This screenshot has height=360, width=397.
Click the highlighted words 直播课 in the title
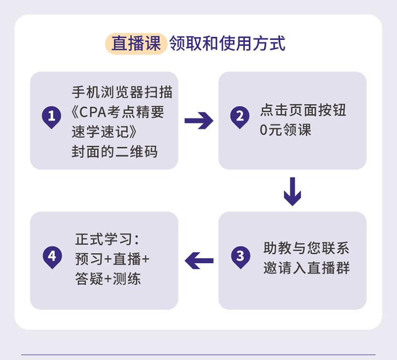click(136, 44)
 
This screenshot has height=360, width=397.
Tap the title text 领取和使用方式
click(227, 44)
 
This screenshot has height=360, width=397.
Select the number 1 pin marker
click(51, 117)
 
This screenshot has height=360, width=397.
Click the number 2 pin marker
click(240, 117)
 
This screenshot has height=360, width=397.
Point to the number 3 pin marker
click(241, 257)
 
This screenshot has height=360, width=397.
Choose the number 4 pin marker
click(52, 257)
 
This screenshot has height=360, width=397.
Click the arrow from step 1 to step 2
click(199, 121)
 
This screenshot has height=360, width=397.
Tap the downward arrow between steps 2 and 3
click(292, 191)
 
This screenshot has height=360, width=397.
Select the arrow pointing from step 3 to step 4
click(200, 261)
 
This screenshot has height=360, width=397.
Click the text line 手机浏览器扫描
click(122, 92)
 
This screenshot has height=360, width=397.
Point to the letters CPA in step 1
click(92, 112)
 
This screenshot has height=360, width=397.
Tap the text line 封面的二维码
click(115, 152)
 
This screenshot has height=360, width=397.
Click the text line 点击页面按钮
click(303, 110)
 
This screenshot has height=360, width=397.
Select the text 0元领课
click(285, 130)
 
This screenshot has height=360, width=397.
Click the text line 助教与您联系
click(307, 248)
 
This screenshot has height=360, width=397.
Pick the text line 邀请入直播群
click(307, 268)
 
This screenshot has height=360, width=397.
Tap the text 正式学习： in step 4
click(107, 239)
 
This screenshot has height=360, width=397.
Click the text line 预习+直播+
click(113, 259)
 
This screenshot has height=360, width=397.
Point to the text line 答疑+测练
click(108, 279)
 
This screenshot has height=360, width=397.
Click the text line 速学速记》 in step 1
click(105, 132)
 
